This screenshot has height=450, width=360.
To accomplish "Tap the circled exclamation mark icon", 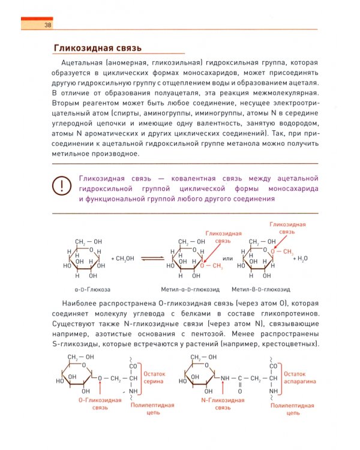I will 62,186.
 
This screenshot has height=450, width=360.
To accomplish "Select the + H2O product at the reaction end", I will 301,259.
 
